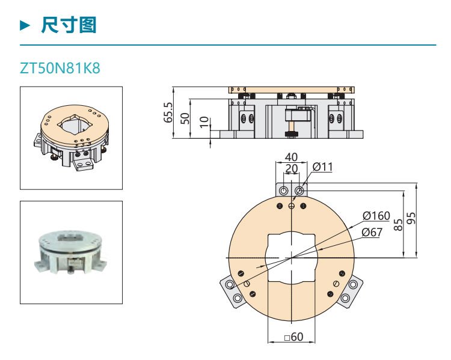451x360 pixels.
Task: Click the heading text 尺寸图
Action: click(69, 25)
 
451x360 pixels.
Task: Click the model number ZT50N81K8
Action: click(60, 68)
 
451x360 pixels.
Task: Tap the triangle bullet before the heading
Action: click(25, 25)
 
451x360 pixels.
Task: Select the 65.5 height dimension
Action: click(168, 112)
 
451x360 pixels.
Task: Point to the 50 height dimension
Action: click(185, 118)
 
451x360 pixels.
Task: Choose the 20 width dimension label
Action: click(291, 169)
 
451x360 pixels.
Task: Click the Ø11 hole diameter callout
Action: click(323, 166)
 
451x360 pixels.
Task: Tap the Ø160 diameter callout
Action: click(376, 216)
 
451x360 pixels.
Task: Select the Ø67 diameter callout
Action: click(372, 232)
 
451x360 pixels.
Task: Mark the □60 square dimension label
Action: click(293, 337)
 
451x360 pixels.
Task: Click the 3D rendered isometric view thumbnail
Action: click(71, 138)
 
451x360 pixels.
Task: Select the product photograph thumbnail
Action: click(71, 252)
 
